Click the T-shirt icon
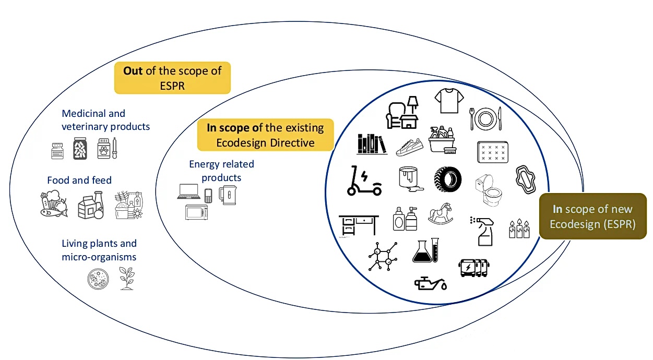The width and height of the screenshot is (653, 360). (x=449, y=101)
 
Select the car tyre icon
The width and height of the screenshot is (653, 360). (x=447, y=178)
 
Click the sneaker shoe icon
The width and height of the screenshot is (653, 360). (x=409, y=147)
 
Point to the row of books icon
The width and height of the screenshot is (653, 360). (x=372, y=144)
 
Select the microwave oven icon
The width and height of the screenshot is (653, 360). (x=196, y=212)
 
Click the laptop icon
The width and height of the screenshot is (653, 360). (x=188, y=191)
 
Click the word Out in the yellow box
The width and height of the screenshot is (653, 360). (x=133, y=71)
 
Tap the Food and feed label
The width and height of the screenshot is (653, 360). (x=79, y=181)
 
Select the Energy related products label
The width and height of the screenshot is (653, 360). (x=221, y=171)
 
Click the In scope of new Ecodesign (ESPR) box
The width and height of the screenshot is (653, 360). (x=592, y=216)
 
